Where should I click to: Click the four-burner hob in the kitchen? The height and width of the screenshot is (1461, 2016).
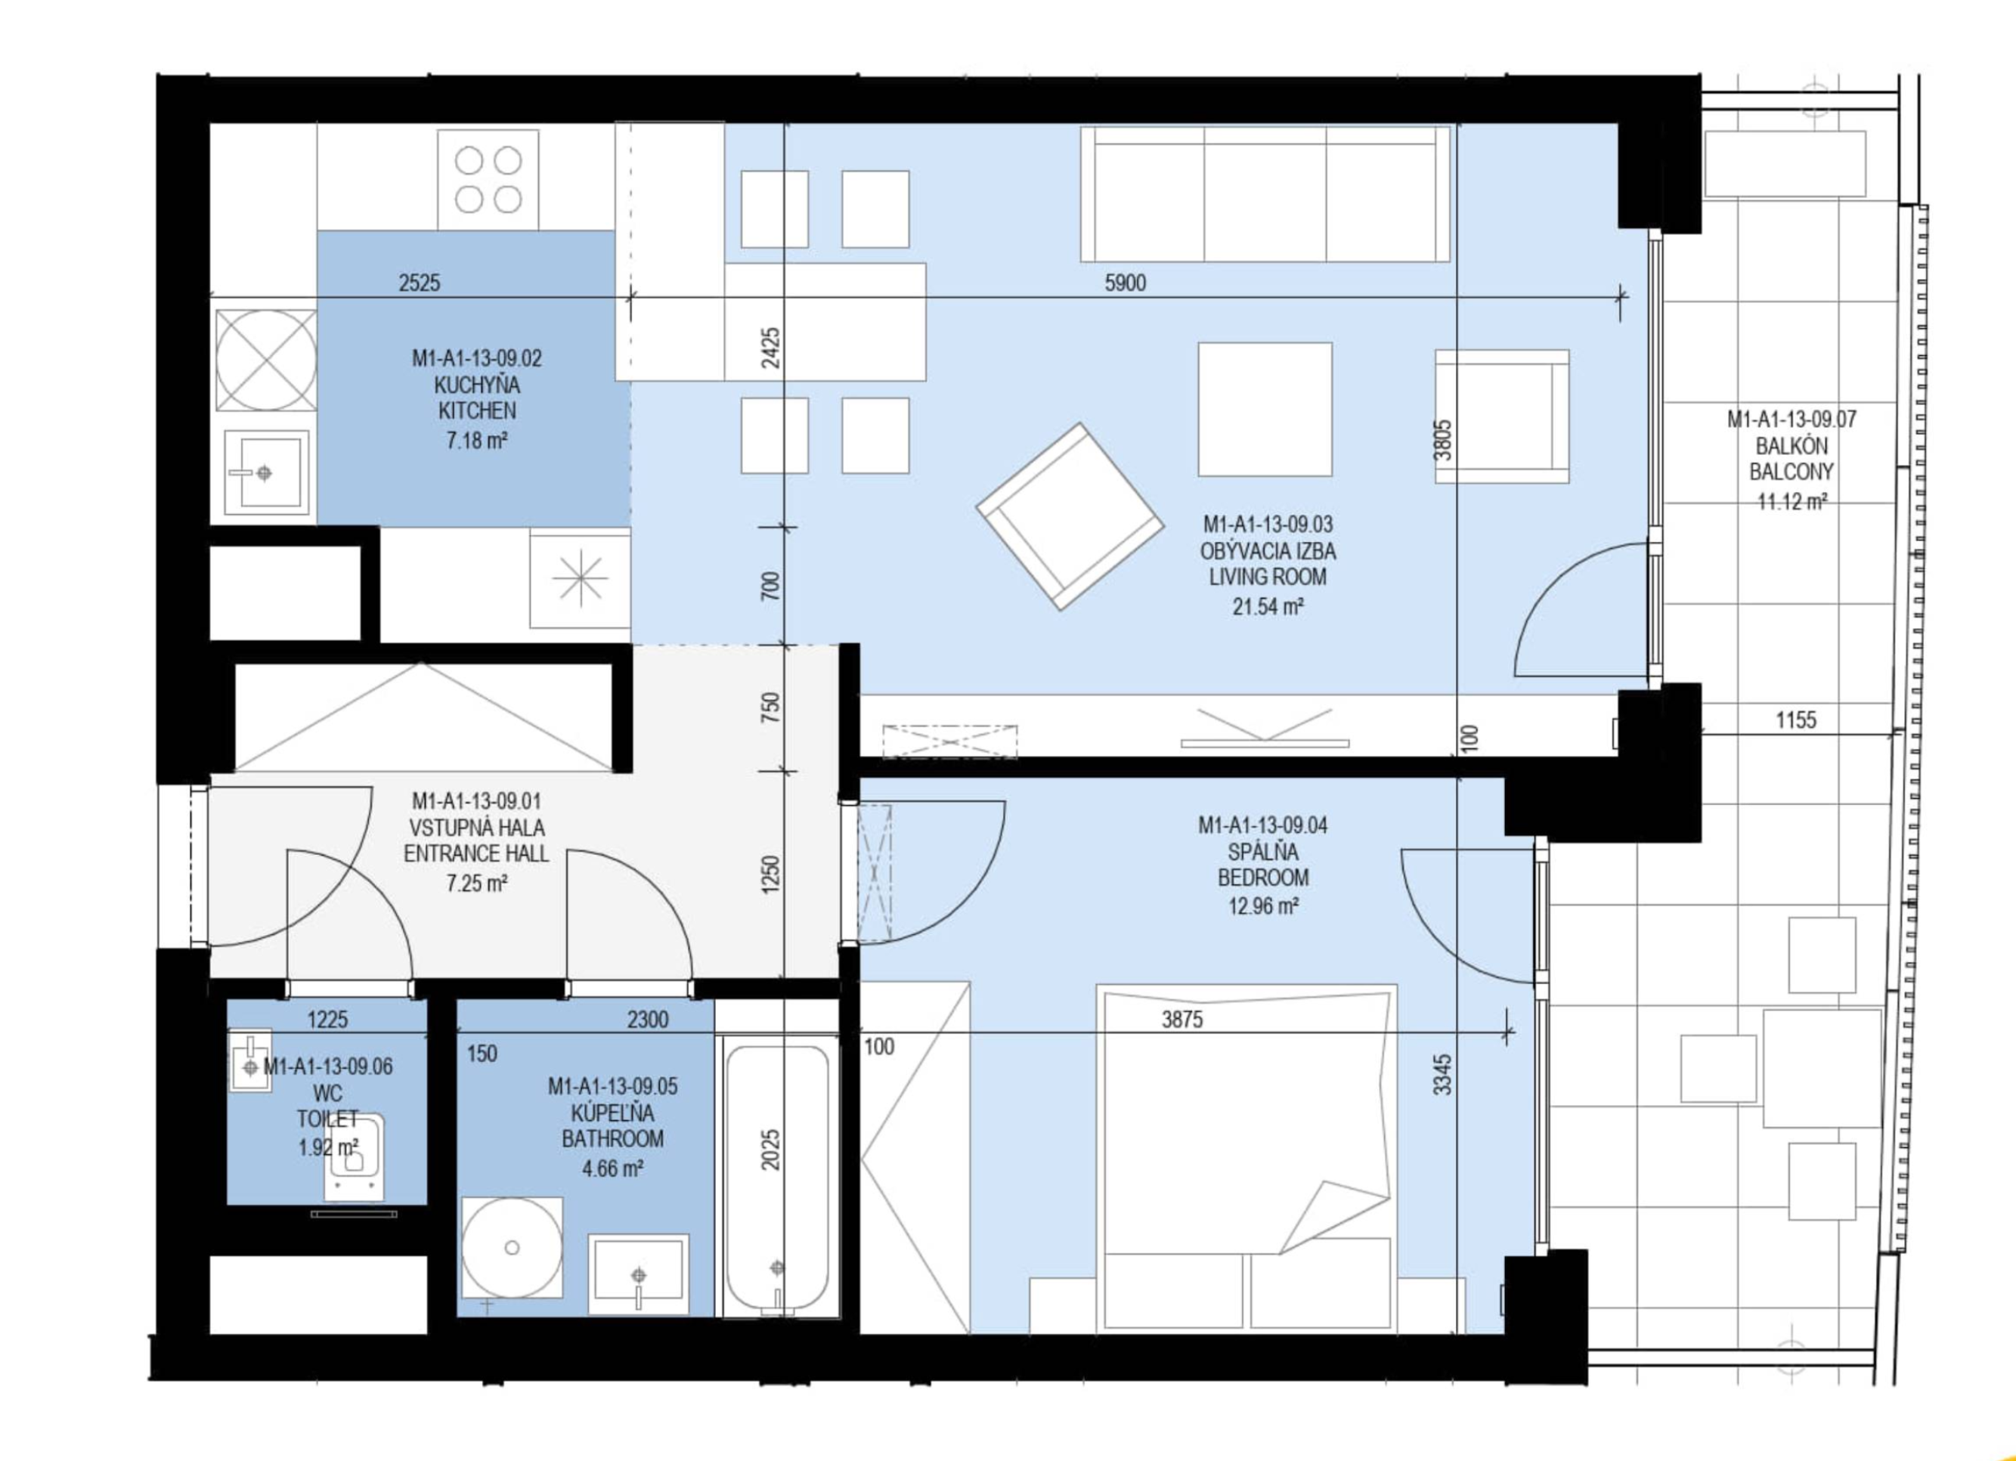[488, 180]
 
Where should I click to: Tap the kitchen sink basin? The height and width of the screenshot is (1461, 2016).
[266, 473]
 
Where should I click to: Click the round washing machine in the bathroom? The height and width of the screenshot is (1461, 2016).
[512, 1247]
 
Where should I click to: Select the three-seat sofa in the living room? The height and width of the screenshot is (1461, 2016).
[1265, 194]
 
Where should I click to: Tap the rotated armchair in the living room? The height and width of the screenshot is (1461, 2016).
[1070, 516]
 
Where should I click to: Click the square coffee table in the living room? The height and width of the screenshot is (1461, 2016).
[1265, 410]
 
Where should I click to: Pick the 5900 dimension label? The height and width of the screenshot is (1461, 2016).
[1126, 283]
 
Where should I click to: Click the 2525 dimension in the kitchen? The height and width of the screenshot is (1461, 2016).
[420, 283]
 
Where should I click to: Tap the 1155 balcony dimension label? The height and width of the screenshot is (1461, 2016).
[1795, 719]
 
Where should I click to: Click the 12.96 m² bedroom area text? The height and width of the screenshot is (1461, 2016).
[1263, 906]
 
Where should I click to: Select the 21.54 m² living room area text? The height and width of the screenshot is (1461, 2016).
[1268, 606]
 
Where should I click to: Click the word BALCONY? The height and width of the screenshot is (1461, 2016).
[1791, 471]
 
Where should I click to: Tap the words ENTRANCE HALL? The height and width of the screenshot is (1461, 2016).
[476, 853]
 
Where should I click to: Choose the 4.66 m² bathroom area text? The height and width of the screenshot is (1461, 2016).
[612, 1168]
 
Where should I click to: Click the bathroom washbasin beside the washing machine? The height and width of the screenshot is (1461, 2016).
[638, 1274]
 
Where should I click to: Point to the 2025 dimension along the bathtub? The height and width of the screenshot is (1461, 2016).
[770, 1149]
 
